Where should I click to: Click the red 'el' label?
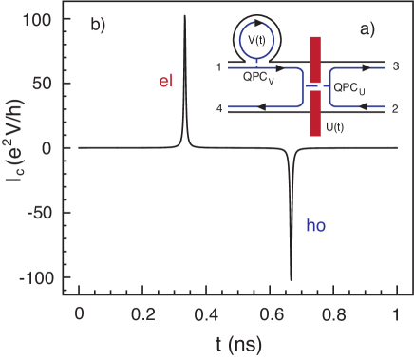coord(165,83)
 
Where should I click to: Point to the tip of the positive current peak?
coord(184,16)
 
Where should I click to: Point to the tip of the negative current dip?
coord(291,279)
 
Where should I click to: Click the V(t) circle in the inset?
coord(252,40)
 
